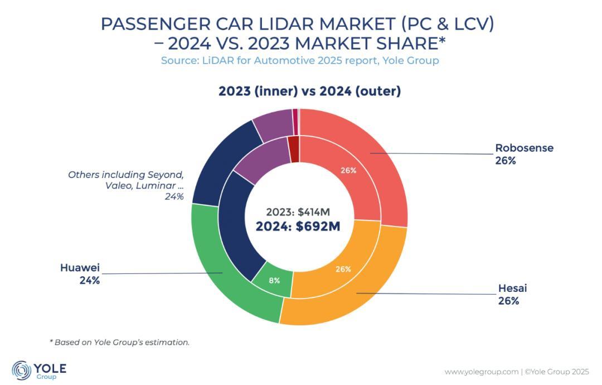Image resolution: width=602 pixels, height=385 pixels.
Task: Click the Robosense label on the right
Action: (524, 148)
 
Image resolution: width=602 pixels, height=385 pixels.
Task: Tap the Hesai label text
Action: (512, 288)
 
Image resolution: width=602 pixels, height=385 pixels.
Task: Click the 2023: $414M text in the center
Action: (298, 212)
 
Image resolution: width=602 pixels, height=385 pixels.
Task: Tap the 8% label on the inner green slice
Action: (274, 281)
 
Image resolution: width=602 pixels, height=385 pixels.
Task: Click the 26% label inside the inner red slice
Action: (348, 170)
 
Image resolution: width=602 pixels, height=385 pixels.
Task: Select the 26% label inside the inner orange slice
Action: (343, 269)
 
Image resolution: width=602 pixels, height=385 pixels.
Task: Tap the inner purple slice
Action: (259, 159)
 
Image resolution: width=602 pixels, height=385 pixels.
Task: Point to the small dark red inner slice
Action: (294, 148)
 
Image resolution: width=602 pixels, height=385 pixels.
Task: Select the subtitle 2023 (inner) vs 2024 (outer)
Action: (309, 91)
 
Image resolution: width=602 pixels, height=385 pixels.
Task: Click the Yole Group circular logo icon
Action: (21, 370)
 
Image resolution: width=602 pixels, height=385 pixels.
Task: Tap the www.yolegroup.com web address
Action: (481, 372)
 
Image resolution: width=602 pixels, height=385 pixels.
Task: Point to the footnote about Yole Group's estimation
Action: (120, 342)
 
